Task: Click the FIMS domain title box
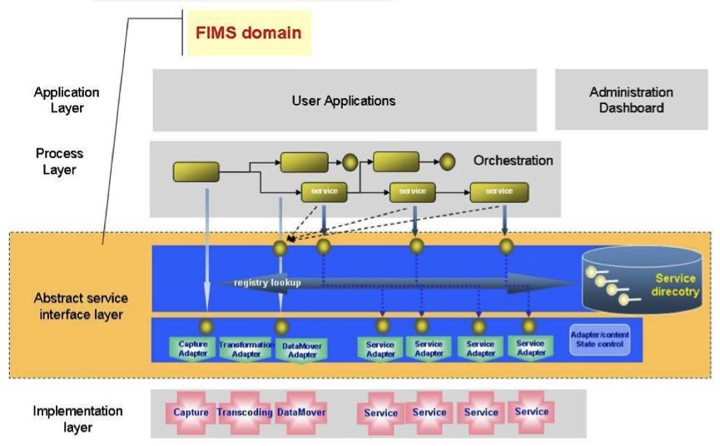248,33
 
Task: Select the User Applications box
343,101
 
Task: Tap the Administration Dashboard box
631,100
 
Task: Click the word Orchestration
513,160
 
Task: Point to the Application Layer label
66,100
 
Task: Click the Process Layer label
59,161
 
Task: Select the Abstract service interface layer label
81,305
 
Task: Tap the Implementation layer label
66,419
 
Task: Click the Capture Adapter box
192,348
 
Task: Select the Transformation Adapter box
246,348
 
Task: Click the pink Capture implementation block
191,412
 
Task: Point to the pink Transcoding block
246,412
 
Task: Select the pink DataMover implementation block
300,412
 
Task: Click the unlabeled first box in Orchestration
196,172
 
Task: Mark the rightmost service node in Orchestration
499,191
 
